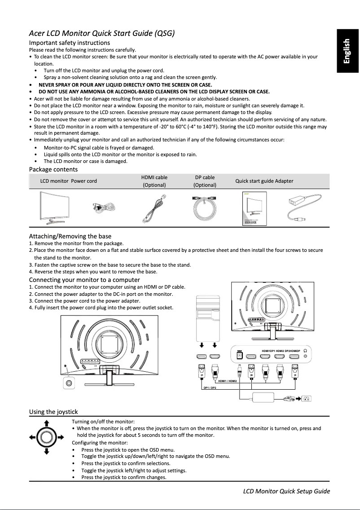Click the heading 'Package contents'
[x=53, y=169]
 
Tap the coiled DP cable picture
[x=205, y=207]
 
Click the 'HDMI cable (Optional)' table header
[x=154, y=181]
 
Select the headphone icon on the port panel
[x=306, y=350]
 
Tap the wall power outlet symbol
[x=307, y=398]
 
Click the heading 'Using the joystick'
[x=53, y=412]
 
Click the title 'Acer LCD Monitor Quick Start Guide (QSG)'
[x=101, y=33]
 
